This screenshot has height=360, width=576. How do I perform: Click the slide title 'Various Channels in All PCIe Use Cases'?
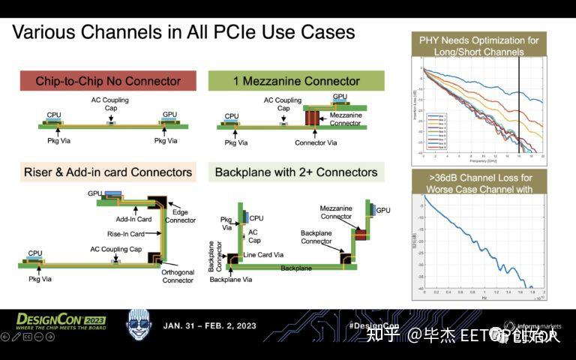[184, 33]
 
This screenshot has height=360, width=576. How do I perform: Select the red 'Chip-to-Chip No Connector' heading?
[108, 81]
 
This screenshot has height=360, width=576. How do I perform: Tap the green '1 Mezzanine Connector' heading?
[296, 81]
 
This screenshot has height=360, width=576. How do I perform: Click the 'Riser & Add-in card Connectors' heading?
[108, 172]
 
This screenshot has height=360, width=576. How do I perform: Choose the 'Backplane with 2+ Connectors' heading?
[296, 172]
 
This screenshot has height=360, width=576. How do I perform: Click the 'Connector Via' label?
[316, 142]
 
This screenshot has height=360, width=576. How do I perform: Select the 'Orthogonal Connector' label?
[178, 277]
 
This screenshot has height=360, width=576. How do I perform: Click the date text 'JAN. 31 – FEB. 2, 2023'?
[209, 325]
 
